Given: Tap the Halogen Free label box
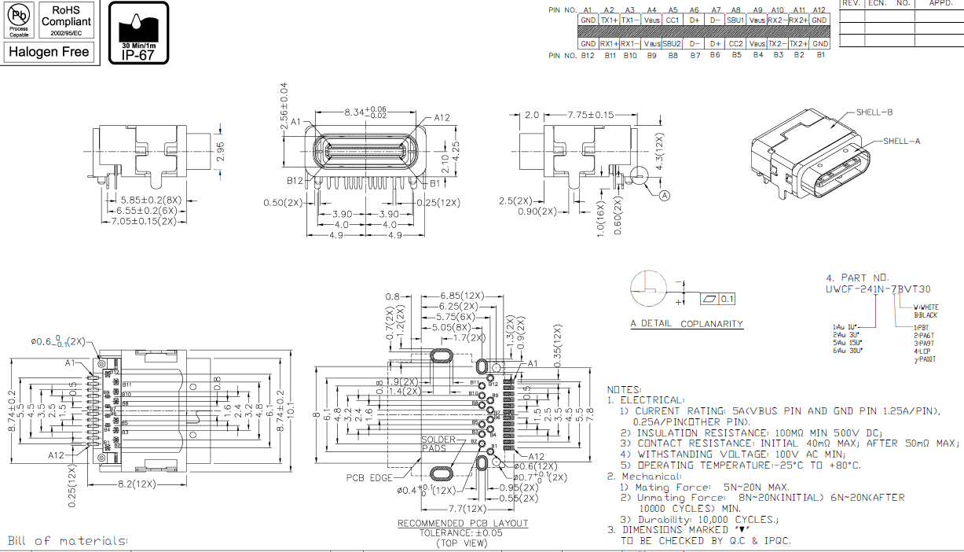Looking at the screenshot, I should (49, 52).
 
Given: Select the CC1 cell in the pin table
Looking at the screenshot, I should (672, 20).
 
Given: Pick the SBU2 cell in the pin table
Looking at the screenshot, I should (672, 44).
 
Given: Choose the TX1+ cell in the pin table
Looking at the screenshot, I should (609, 20).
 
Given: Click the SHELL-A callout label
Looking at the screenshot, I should (901, 142).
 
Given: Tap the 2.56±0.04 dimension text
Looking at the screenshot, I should (284, 104).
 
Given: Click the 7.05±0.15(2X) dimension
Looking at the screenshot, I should (145, 222).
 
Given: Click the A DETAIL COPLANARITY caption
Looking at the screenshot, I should (687, 324).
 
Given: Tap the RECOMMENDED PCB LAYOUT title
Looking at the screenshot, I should (463, 524).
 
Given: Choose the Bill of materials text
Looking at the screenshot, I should (68, 541).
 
